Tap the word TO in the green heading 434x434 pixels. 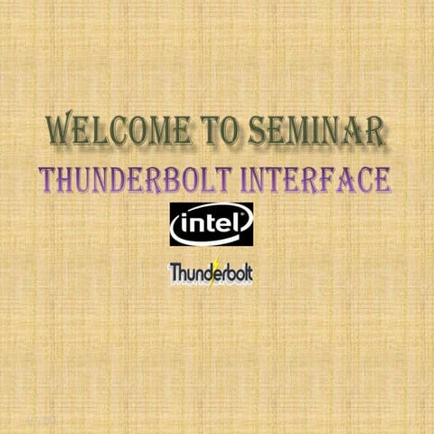[x=222, y=131]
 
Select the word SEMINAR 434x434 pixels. [x=316, y=131]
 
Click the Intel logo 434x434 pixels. [x=212, y=223]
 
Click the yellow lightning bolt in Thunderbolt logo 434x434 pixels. [x=213, y=272]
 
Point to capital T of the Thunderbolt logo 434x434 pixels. [x=175, y=272]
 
